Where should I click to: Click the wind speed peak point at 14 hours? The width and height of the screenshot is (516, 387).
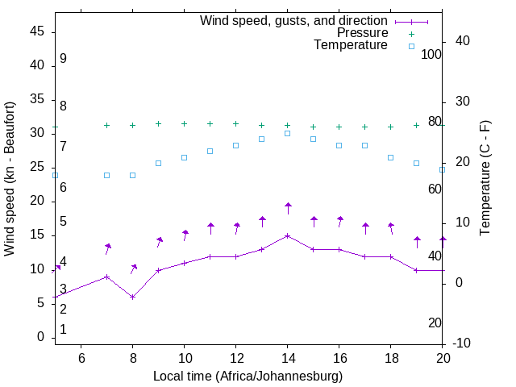(288, 235)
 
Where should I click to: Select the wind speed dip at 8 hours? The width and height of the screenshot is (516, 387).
(133, 297)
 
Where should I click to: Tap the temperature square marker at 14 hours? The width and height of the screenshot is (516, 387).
(288, 133)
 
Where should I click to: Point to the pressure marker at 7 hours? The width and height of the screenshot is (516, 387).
(107, 125)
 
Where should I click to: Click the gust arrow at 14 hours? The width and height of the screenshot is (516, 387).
(288, 207)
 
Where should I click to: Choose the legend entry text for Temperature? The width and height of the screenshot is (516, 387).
(351, 45)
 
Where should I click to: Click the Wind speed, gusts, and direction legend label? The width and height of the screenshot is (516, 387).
(294, 20)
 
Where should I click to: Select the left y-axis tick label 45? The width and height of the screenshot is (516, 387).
(37, 31)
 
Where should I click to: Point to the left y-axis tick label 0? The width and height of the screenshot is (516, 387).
(42, 337)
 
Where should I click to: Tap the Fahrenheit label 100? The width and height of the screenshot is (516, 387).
(431, 54)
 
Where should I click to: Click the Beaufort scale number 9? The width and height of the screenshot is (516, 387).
(63, 59)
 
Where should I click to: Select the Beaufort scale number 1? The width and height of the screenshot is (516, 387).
(63, 329)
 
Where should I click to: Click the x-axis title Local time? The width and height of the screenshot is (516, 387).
(248, 376)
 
